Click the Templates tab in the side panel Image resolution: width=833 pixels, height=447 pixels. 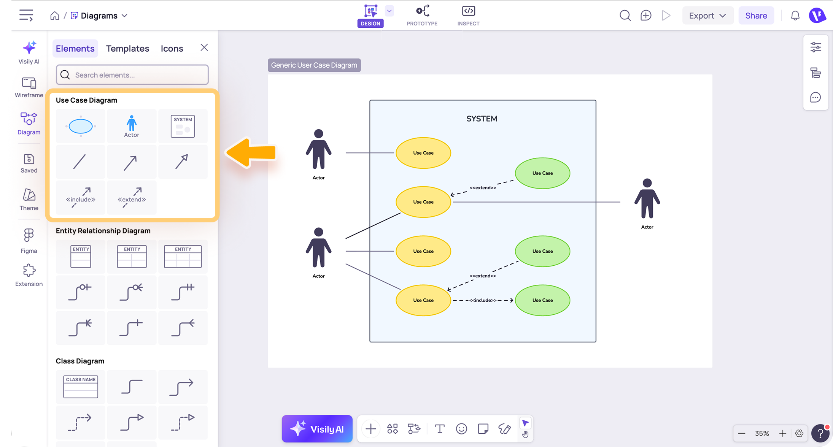click(127, 48)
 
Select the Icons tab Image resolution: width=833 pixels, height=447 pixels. click(172, 48)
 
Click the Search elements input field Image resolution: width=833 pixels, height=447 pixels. click(132, 75)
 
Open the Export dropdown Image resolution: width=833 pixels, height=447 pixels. click(707, 16)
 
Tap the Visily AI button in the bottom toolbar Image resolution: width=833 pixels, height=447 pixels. click(317, 429)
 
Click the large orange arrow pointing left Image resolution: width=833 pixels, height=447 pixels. click(251, 152)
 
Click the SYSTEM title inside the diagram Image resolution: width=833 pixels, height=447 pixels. click(482, 119)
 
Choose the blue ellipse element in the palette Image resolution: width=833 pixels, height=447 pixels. click(81, 126)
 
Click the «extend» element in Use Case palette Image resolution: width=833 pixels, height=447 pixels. click(132, 197)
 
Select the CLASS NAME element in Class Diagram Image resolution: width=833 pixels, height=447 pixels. click(81, 387)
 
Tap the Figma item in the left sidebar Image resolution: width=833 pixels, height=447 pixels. click(29, 241)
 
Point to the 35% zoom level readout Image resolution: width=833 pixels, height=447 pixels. click(762, 433)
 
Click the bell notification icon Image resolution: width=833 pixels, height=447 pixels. click(795, 16)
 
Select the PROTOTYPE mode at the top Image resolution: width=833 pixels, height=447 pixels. click(422, 16)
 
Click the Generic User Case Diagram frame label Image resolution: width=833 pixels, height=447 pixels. click(314, 65)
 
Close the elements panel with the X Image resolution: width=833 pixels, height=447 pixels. click(204, 48)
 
